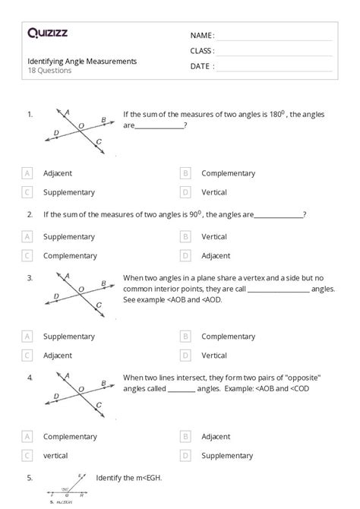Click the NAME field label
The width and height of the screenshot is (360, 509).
coord(202,36)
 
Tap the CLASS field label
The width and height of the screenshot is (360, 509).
coord(202,51)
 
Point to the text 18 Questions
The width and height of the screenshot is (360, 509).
coord(49,71)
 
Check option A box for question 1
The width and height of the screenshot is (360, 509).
coord(27,173)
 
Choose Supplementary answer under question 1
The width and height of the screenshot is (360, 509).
coord(69,192)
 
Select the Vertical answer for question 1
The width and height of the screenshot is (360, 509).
coord(214,192)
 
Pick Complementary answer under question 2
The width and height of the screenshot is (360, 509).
coord(70,256)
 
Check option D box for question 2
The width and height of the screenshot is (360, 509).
coord(185,256)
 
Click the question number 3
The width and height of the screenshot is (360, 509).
coord(30,278)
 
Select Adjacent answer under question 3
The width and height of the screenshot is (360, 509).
coord(58,355)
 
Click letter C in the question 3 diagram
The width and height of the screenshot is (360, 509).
coord(99,305)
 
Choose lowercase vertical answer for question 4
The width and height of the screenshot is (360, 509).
coord(55,456)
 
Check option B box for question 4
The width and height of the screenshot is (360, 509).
coord(185,437)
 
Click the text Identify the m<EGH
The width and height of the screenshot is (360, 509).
coord(129,478)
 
